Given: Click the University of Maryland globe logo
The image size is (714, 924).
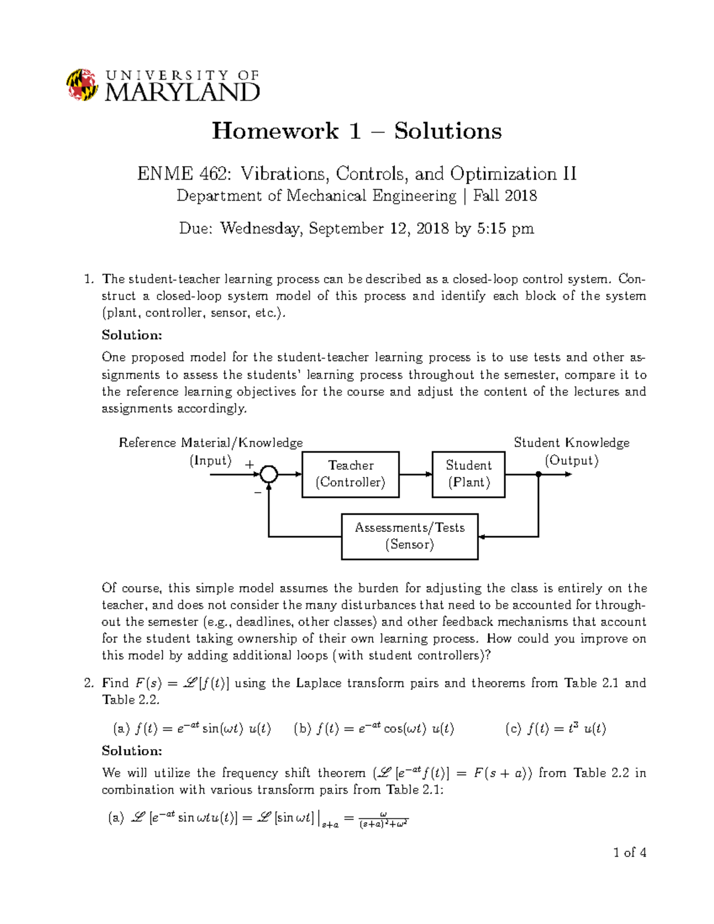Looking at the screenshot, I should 82,84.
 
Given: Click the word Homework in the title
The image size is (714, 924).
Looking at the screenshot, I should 275,131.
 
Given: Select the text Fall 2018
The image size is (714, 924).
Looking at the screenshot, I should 505,196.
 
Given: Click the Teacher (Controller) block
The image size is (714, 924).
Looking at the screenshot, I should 350,474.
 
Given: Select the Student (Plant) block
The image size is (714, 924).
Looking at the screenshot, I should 468,474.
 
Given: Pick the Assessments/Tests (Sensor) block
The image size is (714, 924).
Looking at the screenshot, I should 409,536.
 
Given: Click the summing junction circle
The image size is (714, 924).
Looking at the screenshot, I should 269,474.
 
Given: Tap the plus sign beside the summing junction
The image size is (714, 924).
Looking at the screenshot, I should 249,465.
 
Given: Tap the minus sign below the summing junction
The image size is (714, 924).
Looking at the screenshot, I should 258,493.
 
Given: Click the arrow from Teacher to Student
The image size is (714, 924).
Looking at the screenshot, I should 415,474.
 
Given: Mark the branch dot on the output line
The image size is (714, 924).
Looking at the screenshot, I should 538,474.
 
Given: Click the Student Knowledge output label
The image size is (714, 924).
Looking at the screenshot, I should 571,443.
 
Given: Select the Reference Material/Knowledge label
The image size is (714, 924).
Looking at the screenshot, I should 211,443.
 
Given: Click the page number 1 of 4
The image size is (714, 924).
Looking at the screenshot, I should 630,853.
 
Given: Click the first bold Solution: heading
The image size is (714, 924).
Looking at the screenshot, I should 131,335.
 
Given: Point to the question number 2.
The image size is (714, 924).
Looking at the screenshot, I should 89,683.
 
